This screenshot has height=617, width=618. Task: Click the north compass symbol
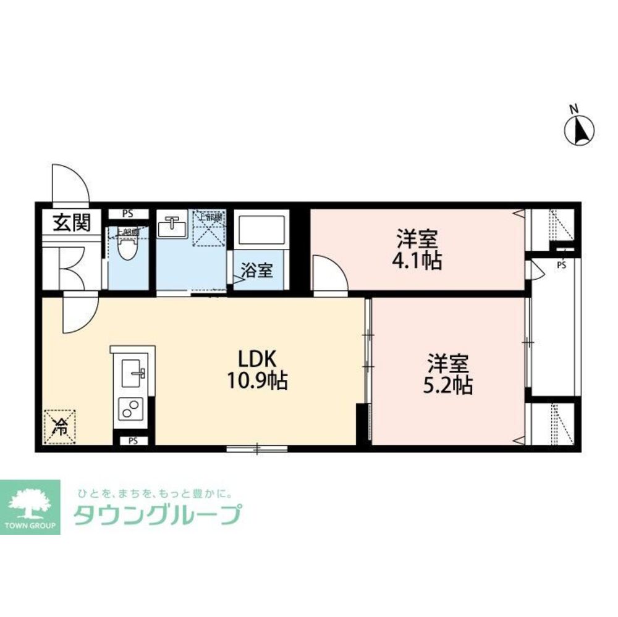(580, 130)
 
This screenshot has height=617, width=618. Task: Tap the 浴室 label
(257, 270)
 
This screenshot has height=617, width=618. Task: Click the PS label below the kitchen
(133, 441)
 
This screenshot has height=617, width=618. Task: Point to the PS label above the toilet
(128, 214)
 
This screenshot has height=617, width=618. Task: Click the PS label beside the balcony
(561, 266)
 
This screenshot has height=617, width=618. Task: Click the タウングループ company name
(157, 514)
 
